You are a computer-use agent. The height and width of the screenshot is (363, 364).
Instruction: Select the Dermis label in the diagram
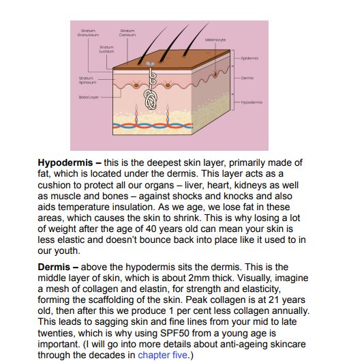point(247,78)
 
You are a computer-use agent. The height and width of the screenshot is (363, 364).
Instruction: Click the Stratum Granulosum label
point(89,33)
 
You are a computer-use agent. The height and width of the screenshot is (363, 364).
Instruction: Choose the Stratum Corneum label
point(127,33)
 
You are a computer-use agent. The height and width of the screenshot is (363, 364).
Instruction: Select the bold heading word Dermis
point(53,267)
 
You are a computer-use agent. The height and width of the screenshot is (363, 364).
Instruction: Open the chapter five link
point(162,355)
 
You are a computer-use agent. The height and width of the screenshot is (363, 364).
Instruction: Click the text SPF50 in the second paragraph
point(189,332)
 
